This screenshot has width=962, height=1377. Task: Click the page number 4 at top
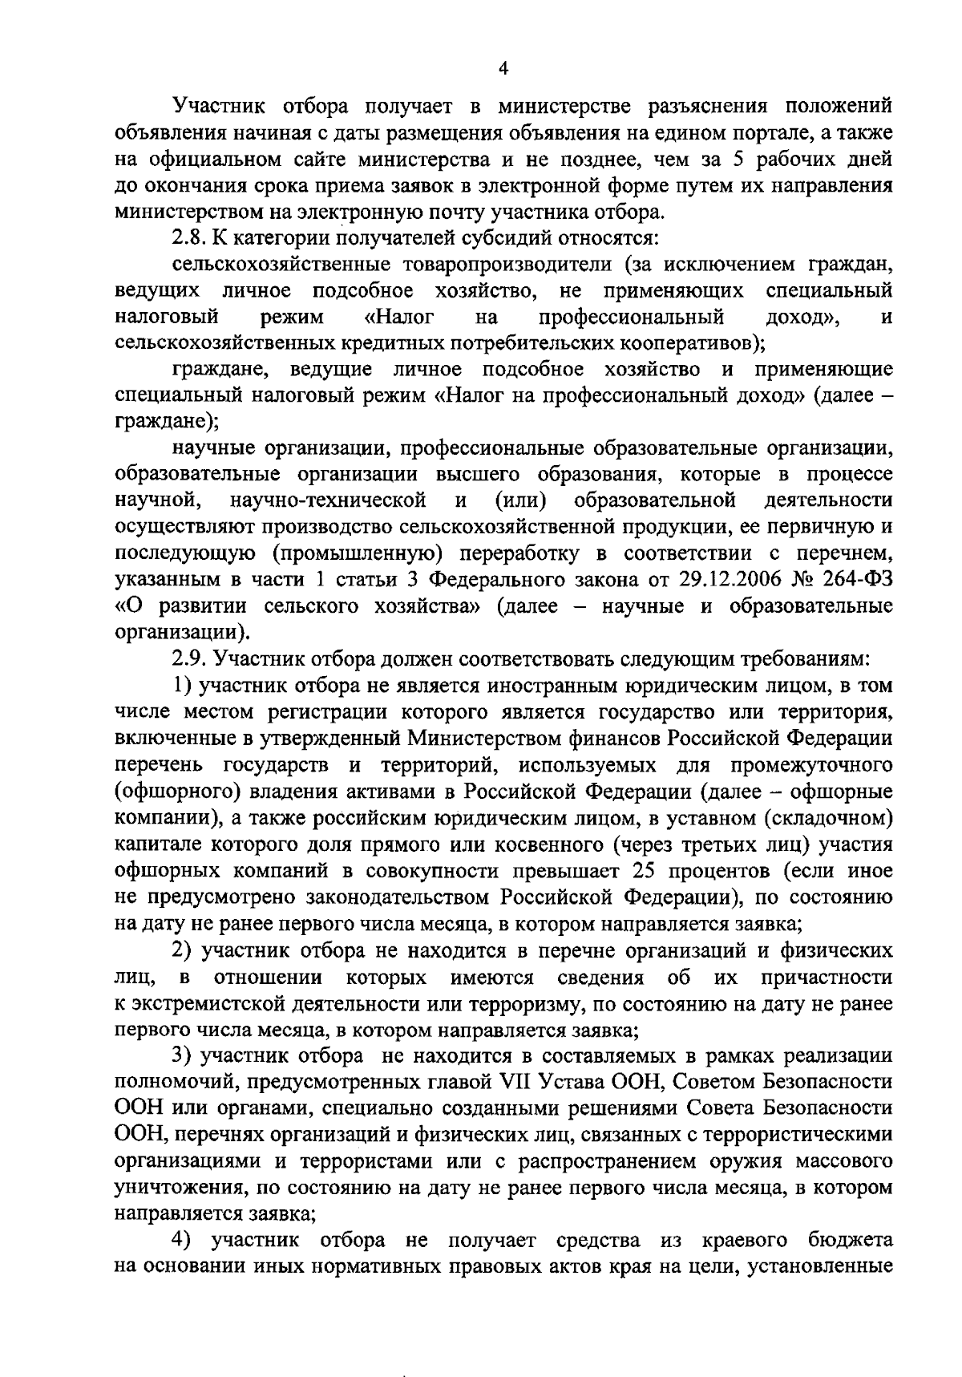(x=503, y=69)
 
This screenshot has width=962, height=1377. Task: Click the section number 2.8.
(x=189, y=238)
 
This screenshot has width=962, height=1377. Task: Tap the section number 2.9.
(x=189, y=658)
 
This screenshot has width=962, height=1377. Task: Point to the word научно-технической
(x=328, y=500)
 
